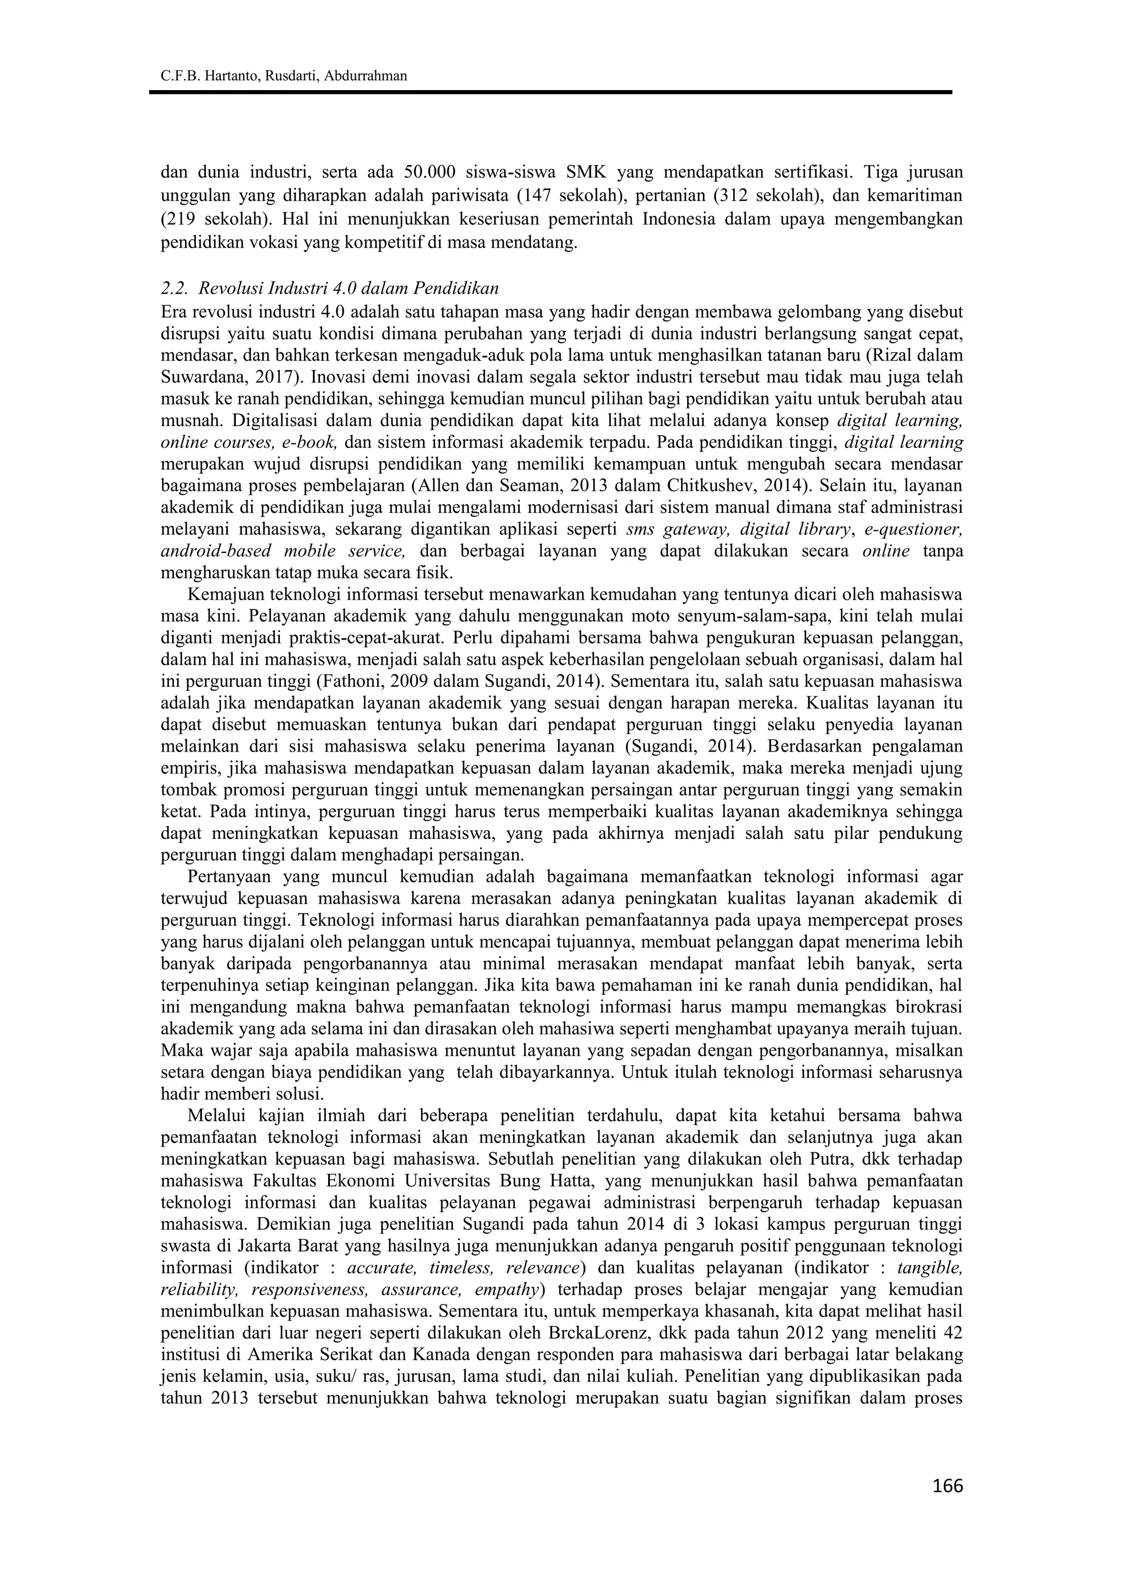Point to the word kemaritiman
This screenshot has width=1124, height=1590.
pos(920,196)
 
